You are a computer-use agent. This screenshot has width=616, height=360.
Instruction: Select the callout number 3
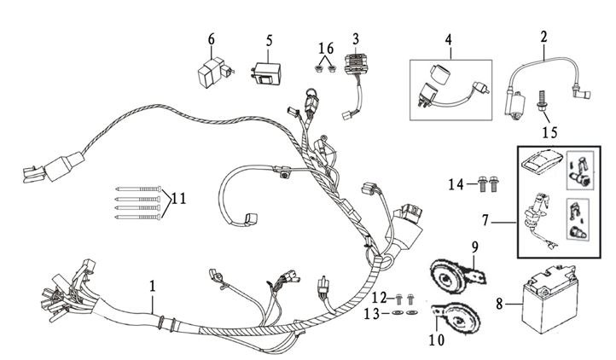356,38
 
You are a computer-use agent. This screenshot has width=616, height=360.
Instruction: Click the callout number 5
269,39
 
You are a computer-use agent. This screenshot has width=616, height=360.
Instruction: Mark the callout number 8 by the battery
499,301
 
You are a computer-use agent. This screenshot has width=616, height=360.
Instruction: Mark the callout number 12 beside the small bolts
381,297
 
